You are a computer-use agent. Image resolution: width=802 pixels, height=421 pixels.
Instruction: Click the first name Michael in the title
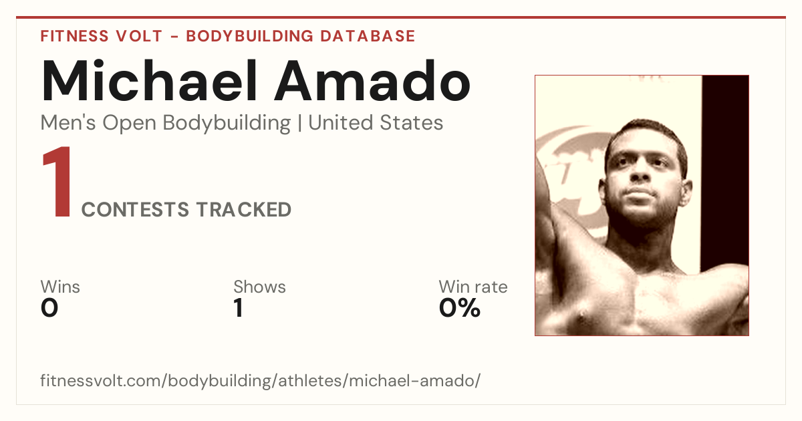149,81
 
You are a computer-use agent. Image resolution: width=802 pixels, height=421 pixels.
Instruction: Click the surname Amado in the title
372,81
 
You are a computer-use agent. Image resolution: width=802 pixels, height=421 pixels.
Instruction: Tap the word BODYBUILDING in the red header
249,36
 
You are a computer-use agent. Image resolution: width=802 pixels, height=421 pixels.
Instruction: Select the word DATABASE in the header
368,36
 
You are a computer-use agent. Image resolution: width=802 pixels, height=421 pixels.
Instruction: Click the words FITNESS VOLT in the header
102,36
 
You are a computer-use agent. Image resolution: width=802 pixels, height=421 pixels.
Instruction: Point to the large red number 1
57,181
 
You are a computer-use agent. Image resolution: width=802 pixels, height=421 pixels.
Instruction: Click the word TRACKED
243,209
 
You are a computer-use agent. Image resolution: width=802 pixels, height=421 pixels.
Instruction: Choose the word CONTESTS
135,209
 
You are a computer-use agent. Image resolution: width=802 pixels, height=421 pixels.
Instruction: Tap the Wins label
60,287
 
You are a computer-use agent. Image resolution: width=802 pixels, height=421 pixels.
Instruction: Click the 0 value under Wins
49,308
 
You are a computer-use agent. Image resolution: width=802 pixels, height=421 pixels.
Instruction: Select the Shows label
259,287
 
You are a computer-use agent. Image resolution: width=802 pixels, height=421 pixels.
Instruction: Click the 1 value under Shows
239,308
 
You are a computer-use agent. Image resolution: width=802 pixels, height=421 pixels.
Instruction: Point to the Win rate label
473,287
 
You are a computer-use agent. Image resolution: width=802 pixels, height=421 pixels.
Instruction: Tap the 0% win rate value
460,308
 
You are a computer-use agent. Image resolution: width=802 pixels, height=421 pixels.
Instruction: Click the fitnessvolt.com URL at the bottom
260,380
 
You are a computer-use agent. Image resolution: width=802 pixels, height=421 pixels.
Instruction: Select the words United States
376,122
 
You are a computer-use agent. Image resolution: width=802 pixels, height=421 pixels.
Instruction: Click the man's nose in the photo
640,172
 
